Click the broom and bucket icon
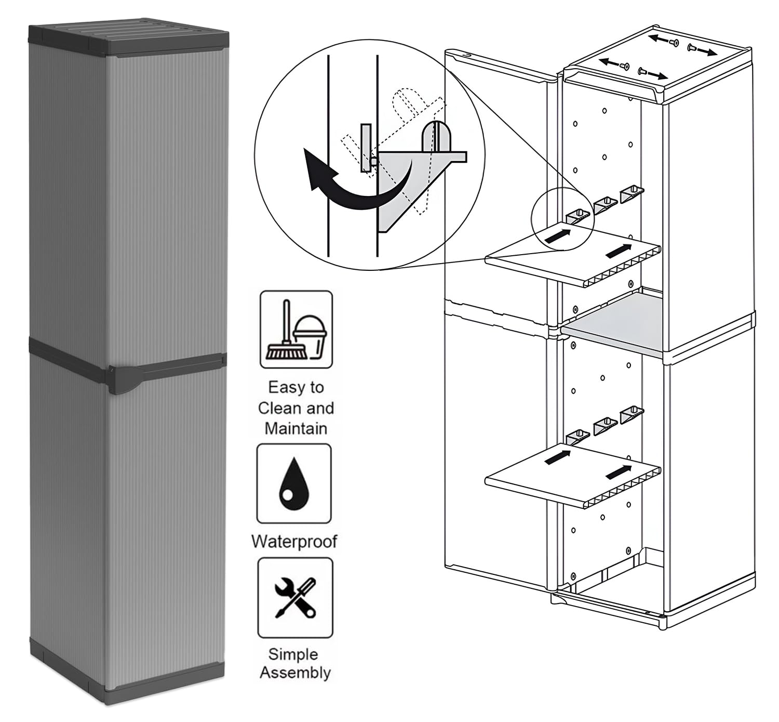click(x=296, y=330)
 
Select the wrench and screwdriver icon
click(x=296, y=598)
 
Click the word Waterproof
click(x=294, y=542)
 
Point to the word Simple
click(x=293, y=654)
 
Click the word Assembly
click(x=296, y=673)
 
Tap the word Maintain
click(x=296, y=428)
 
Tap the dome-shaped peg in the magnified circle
click(x=436, y=136)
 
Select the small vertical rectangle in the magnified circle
click(x=366, y=148)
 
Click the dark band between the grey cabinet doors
click(x=127, y=359)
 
